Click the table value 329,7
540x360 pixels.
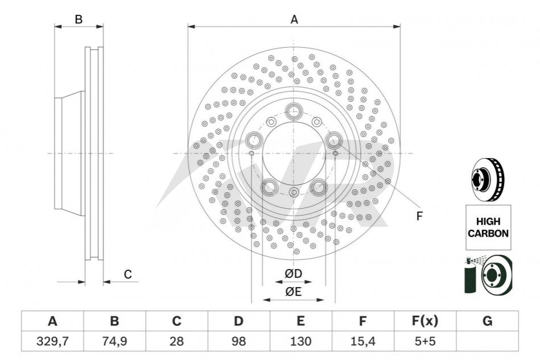point(52,341)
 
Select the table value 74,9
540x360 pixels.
point(114,341)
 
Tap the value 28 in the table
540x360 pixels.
point(176,341)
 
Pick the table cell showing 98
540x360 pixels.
point(238,341)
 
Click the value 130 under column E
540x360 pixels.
point(300,341)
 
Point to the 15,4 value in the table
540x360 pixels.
point(362,341)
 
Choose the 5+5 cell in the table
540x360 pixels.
point(425,341)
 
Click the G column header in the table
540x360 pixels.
point(487,321)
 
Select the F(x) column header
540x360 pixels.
point(425,321)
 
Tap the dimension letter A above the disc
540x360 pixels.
point(294,19)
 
